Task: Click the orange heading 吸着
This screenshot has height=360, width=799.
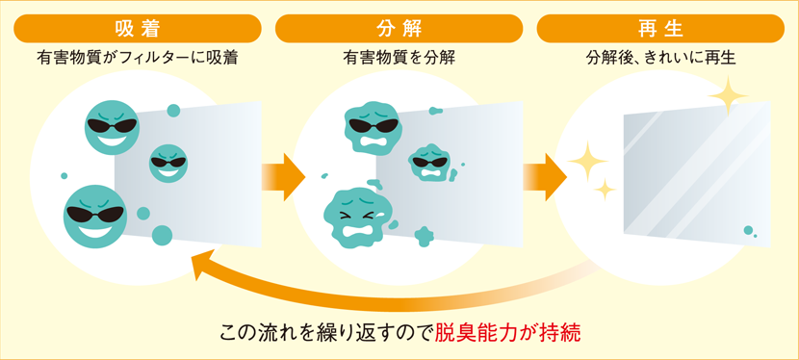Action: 137,28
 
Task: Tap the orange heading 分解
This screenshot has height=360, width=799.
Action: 399,28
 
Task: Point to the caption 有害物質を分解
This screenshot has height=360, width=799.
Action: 399,58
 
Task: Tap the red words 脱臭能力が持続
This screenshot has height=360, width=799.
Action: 508,334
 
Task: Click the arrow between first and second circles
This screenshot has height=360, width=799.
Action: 282,177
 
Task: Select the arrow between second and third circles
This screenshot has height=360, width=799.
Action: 544,177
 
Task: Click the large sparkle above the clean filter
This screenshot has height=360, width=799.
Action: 728,95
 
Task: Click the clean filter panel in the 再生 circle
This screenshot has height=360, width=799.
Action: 693,173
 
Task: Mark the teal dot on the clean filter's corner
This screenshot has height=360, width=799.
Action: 748,230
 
